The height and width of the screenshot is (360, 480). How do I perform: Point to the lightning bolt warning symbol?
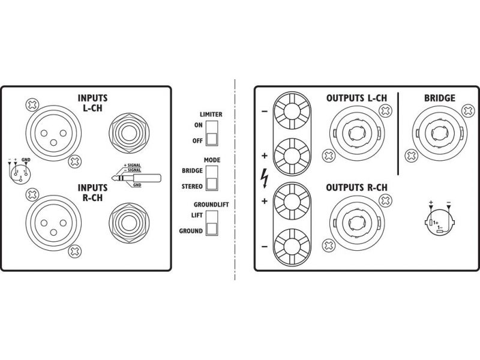pos(265,178)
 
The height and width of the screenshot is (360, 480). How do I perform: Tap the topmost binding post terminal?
pos(292,112)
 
